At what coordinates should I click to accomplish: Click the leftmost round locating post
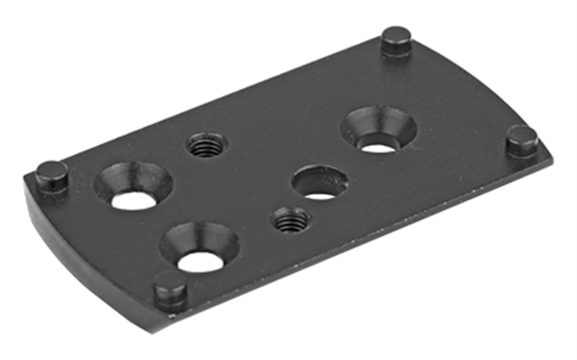point(52,174)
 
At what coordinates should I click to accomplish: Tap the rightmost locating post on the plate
point(523,140)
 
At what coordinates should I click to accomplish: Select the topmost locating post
point(396,41)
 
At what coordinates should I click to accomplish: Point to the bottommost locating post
point(169,287)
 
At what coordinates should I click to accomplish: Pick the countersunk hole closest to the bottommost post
point(198,247)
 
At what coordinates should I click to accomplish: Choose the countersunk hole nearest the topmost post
point(377,129)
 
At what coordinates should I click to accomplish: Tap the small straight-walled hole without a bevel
point(319,182)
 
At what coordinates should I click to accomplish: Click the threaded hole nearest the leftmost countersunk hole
point(207,145)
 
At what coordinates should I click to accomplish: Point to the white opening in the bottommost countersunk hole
point(198,261)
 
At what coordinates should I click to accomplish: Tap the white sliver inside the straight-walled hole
point(319,195)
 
